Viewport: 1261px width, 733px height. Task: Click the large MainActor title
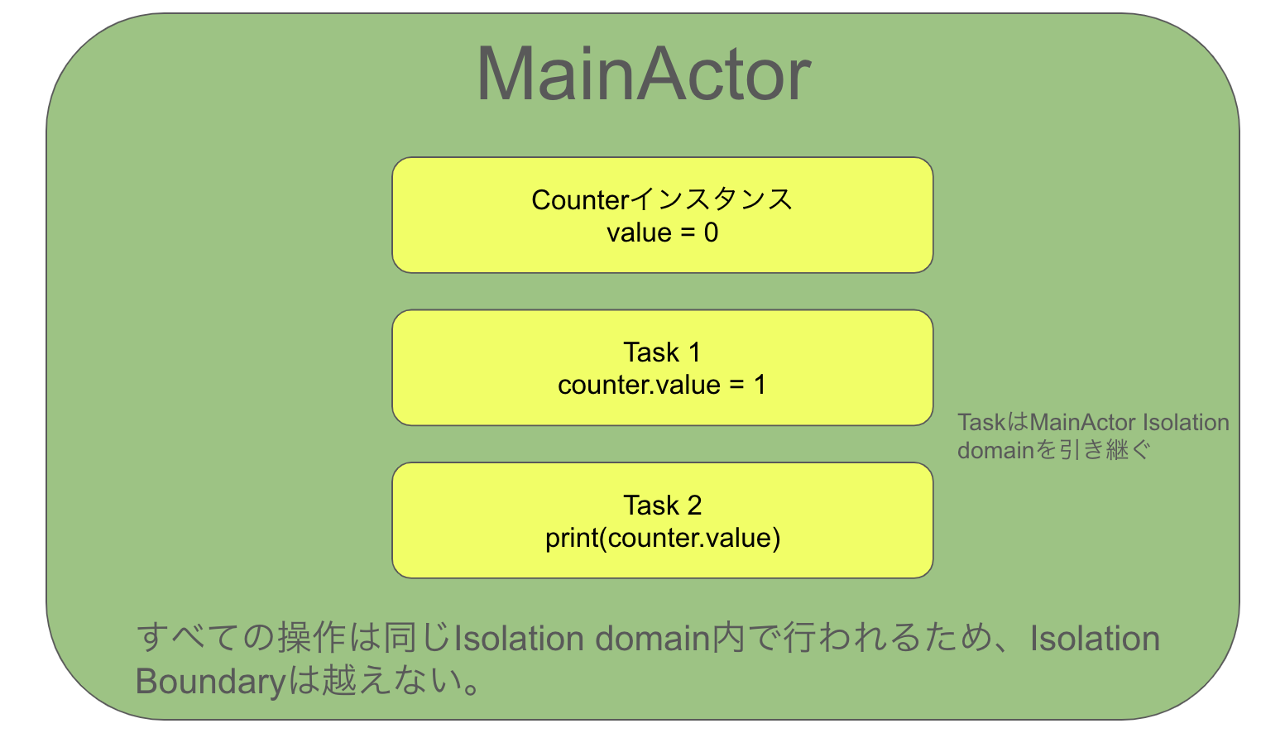pos(643,74)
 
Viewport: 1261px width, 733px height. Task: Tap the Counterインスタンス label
pos(662,200)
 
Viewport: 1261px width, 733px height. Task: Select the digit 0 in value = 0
pos(711,233)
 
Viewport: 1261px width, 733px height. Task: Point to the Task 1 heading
pos(662,352)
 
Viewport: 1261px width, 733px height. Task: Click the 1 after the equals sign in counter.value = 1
pos(760,386)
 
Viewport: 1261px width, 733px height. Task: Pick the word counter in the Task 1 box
pos(596,386)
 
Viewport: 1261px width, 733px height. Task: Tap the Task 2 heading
pos(662,505)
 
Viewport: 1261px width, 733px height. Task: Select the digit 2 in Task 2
pos(694,505)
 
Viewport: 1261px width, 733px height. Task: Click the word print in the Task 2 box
pos(570,539)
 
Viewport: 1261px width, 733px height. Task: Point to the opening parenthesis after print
pos(602,539)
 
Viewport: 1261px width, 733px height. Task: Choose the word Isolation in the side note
pos(1186,423)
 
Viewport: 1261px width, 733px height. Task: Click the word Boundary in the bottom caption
pos(210,682)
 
